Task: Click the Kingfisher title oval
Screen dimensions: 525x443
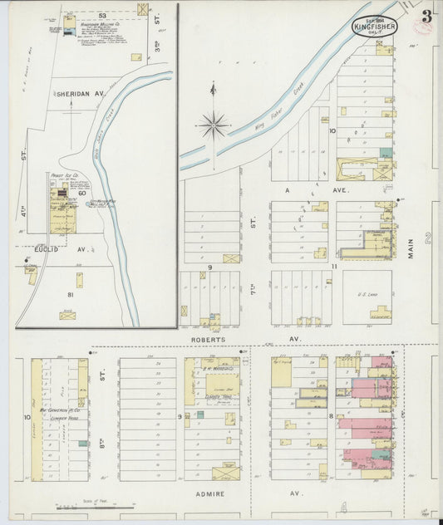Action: point(374,27)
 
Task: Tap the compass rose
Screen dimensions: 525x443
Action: point(214,125)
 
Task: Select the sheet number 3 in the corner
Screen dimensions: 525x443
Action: point(426,15)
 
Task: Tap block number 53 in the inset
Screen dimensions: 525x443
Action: point(101,15)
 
